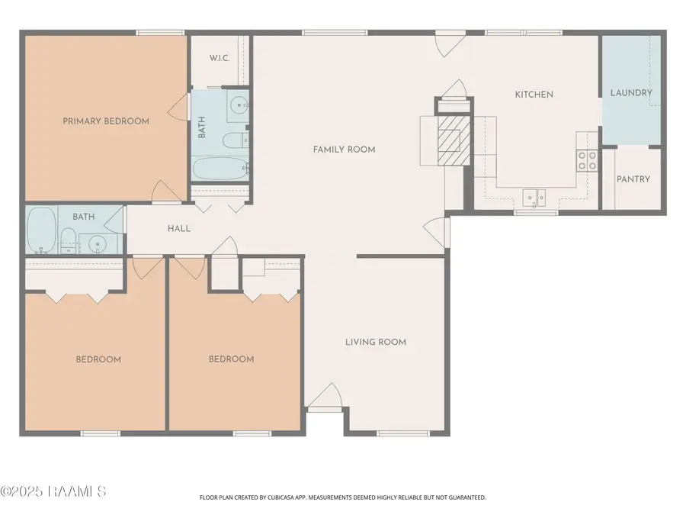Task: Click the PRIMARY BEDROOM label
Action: (x=106, y=121)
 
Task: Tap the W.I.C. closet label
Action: (x=220, y=58)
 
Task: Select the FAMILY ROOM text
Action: (x=344, y=150)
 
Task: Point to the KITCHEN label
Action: (x=534, y=95)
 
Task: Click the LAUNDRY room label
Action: (x=631, y=93)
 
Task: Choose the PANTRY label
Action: (x=633, y=179)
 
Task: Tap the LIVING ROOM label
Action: (x=375, y=342)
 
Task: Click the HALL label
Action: (x=178, y=228)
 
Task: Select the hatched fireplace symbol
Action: (x=449, y=140)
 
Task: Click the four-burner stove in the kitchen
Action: (x=587, y=159)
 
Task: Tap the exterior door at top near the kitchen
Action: (x=450, y=42)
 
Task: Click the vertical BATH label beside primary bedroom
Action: (x=202, y=127)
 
